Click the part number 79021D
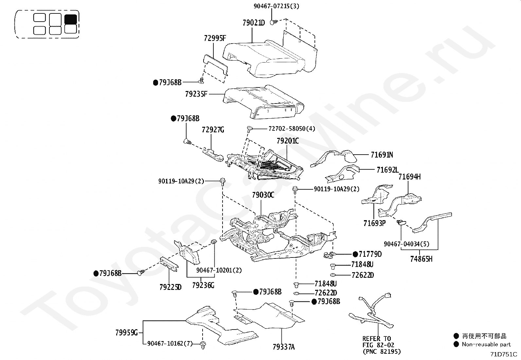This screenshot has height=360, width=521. (x=254, y=23)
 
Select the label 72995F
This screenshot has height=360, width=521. (x=215, y=38)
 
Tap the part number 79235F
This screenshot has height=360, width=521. (x=196, y=94)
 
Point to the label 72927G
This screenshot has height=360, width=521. (x=213, y=130)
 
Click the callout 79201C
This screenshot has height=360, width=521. (x=288, y=141)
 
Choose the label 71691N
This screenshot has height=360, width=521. (x=382, y=155)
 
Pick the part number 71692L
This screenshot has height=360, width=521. (x=388, y=170)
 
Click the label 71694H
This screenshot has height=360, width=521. (x=409, y=177)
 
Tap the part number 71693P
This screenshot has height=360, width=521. (x=374, y=223)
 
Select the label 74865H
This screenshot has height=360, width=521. (x=421, y=259)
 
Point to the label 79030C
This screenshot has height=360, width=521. (x=263, y=195)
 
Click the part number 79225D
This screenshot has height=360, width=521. (x=170, y=287)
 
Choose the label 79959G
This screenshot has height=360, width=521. (x=127, y=333)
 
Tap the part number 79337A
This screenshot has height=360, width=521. (x=283, y=347)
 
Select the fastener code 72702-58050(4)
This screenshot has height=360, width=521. (x=292, y=129)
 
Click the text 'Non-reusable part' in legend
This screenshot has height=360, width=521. (x=486, y=344)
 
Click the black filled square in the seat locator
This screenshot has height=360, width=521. (x=71, y=19)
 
